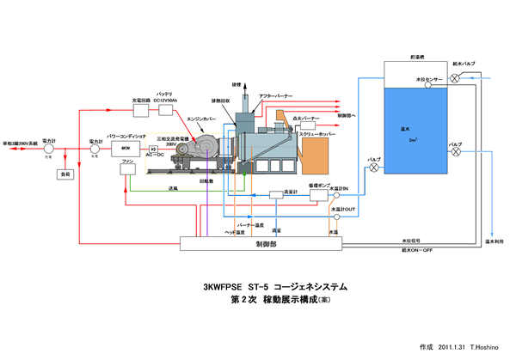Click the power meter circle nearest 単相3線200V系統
pyautogui.click(x=49, y=148)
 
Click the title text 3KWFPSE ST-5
pyautogui.click(x=233, y=285)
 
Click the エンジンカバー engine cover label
pyautogui.click(x=201, y=119)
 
